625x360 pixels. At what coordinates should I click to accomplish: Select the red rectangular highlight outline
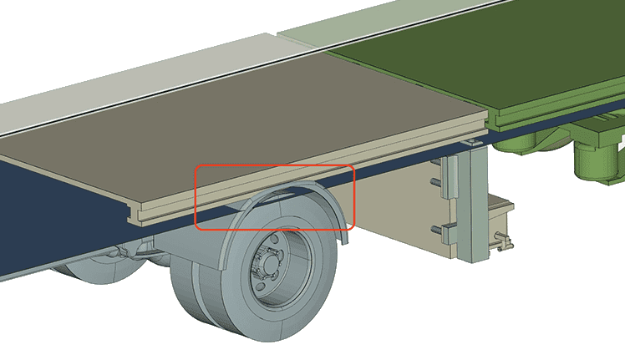pos(275,167)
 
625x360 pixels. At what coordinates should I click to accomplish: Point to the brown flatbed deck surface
pos(251,117)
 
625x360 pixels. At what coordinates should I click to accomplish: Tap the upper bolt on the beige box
pos(435,181)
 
